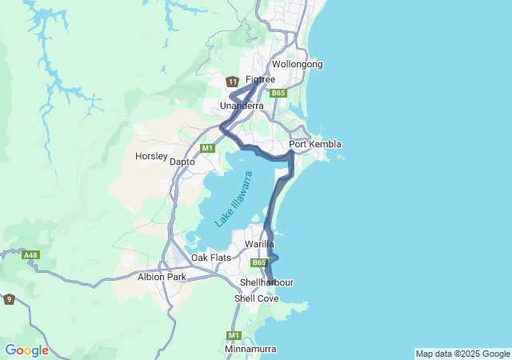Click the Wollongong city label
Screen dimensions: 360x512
297,64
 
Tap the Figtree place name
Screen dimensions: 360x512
260,79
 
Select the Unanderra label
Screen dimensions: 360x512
242,106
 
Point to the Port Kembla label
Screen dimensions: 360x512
315,144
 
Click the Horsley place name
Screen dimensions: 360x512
151,156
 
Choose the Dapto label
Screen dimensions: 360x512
182,161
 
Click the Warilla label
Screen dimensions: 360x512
260,243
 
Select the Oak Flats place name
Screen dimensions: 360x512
210,258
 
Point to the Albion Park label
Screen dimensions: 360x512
162,277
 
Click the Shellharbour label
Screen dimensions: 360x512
266,282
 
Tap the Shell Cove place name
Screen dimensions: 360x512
256,298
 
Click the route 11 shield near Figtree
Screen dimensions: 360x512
232,82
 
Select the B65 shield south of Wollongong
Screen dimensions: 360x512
278,94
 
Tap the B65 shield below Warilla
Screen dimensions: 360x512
258,262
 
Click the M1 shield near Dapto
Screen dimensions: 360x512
207,148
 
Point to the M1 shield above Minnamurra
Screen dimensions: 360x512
234,335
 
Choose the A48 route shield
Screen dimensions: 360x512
31,255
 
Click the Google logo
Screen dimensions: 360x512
26,350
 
